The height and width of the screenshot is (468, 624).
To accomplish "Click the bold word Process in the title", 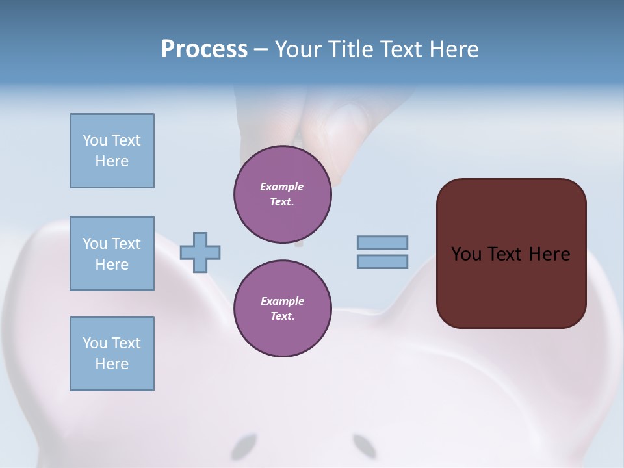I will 204,49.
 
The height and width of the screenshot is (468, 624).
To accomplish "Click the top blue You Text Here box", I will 112,151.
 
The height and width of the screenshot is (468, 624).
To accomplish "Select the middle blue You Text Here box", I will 112,253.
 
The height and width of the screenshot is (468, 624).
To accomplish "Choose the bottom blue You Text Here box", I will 112,354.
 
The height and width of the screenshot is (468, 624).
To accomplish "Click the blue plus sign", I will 200,252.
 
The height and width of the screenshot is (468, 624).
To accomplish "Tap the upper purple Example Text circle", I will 282,194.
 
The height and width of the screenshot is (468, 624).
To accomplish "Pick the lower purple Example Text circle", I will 282,309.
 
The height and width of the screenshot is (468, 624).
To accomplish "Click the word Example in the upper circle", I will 282,187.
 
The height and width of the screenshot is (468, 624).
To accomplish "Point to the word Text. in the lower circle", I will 282,317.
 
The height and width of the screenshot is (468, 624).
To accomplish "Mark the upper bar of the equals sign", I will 382,242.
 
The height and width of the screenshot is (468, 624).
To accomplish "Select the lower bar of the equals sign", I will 382,261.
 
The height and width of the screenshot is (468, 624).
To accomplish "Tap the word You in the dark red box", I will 466,254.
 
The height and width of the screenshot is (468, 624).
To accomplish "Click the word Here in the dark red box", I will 549,254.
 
